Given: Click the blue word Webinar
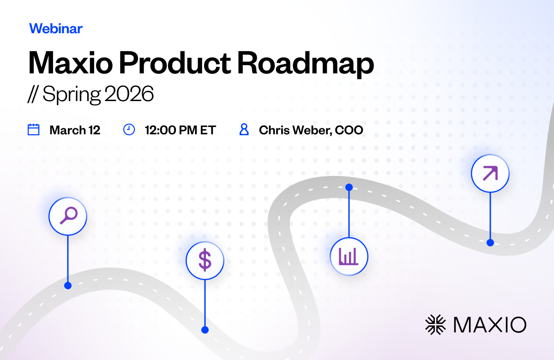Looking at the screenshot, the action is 56,29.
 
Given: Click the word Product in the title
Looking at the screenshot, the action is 175,63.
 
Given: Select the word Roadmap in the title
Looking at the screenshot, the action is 306,64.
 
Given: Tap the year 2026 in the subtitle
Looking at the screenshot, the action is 129,94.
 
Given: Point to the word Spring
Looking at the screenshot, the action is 72,95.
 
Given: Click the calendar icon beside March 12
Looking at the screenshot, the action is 33,130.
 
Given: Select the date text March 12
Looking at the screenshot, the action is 75,130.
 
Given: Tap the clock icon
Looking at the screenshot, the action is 129,130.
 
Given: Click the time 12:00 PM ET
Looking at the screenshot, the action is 181,130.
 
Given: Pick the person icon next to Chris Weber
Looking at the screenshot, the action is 244,130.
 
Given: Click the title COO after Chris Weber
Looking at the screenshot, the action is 349,130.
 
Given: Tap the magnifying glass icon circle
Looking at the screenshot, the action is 68,216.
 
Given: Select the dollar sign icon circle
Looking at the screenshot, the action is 205,261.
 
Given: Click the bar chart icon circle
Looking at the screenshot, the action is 349,257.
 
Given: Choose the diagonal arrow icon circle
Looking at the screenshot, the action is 490,174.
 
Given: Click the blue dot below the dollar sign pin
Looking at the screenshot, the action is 205,330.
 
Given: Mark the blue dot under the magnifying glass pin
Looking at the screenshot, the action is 68,286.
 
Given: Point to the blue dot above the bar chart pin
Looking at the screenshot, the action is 349,187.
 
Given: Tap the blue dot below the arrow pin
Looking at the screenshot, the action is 490,243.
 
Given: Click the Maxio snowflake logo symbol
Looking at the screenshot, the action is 435,324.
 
